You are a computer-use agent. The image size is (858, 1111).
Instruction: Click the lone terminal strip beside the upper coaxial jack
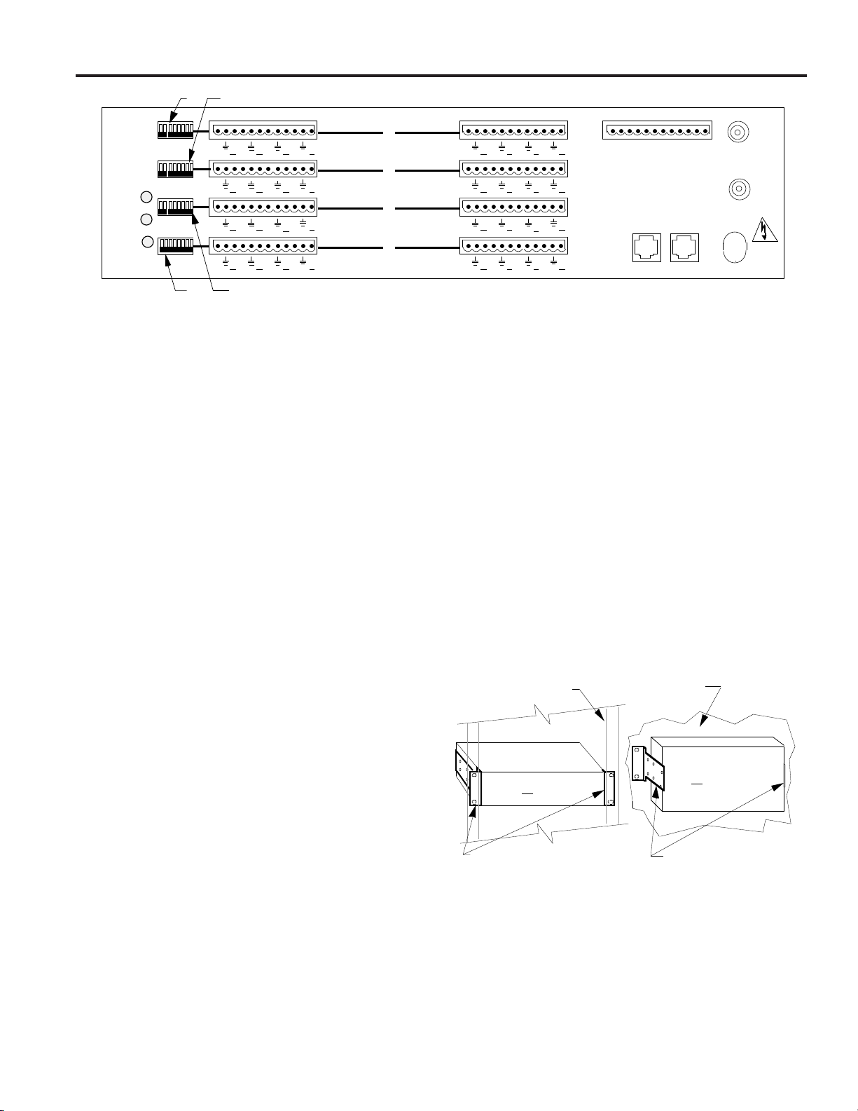pyautogui.click(x=657, y=130)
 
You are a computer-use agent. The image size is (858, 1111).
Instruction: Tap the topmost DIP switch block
pyautogui.click(x=175, y=130)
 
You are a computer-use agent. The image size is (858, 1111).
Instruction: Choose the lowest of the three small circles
pyautogui.click(x=146, y=243)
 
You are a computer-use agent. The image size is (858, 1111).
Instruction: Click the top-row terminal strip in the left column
pyautogui.click(x=263, y=130)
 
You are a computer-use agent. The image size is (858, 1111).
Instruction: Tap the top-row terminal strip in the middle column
pyautogui.click(x=513, y=130)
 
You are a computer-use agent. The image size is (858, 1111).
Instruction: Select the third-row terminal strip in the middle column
pyautogui.click(x=513, y=207)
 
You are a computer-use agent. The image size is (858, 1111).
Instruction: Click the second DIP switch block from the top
pyautogui.click(x=175, y=168)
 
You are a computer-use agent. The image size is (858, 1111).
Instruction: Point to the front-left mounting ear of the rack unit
pyautogui.click(x=475, y=789)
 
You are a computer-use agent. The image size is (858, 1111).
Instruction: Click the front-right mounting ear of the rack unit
pyautogui.click(x=609, y=788)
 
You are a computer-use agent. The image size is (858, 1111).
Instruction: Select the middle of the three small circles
pyautogui.click(x=145, y=219)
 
